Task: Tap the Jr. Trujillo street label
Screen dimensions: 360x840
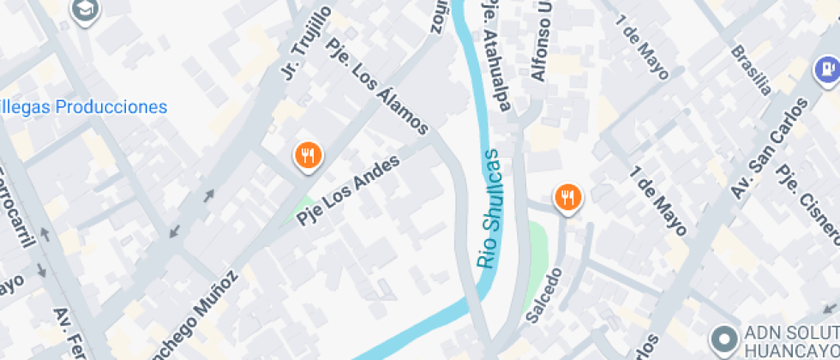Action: point(306,43)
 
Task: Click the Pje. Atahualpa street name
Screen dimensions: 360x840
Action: point(497,57)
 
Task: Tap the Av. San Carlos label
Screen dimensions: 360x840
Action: point(769,149)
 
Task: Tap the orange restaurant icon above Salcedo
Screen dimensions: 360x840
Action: point(567,198)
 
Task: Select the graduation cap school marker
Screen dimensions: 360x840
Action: point(87,9)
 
